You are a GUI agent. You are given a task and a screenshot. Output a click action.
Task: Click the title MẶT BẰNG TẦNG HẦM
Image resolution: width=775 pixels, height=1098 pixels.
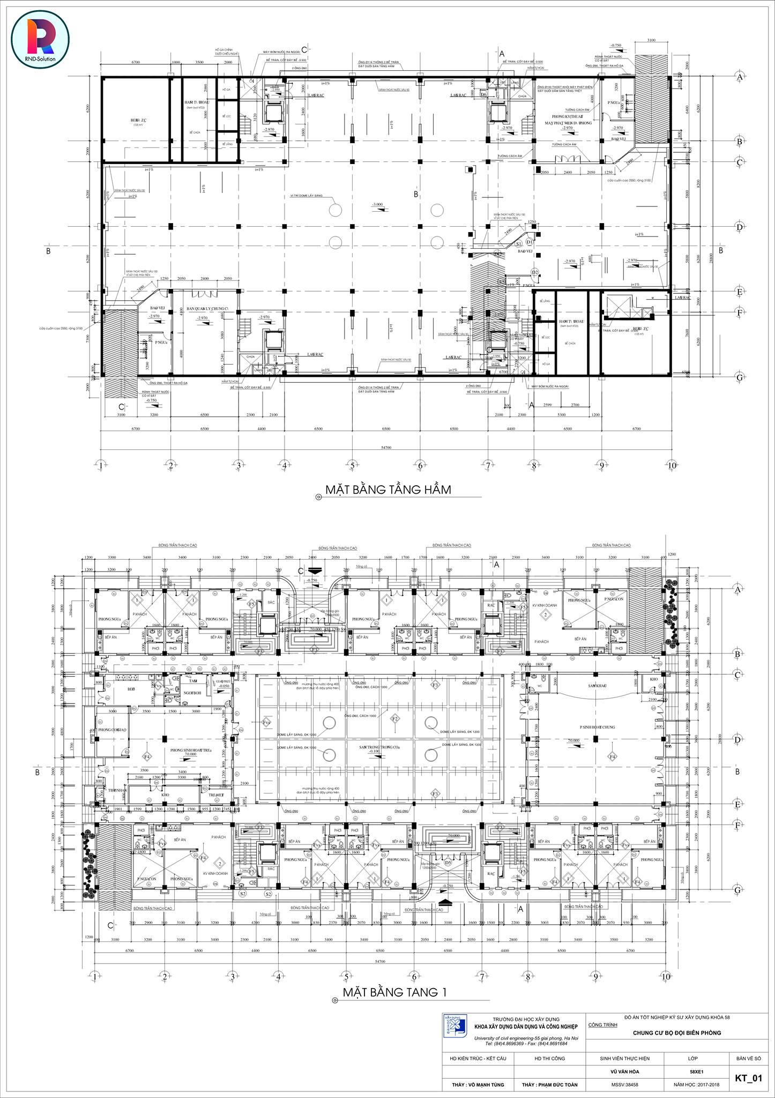(389, 489)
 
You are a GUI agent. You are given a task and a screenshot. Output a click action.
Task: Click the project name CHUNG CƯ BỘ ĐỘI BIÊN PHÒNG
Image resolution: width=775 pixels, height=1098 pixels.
(677, 1033)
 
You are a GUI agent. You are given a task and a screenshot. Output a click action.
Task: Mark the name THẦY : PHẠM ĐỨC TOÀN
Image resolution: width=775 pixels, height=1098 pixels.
(549, 1085)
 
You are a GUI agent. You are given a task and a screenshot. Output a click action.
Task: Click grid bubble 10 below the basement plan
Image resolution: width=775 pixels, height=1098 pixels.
(672, 465)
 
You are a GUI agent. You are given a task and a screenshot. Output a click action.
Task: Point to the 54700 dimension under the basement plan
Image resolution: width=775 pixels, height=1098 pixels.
(385, 447)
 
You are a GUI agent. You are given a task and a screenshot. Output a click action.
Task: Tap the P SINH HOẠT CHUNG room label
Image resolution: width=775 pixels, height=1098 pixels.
(597, 728)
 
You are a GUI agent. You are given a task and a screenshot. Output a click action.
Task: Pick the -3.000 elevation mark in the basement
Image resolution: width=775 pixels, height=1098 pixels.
(377, 204)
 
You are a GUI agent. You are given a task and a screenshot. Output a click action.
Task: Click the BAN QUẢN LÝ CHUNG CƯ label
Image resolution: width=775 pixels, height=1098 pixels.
(207, 309)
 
